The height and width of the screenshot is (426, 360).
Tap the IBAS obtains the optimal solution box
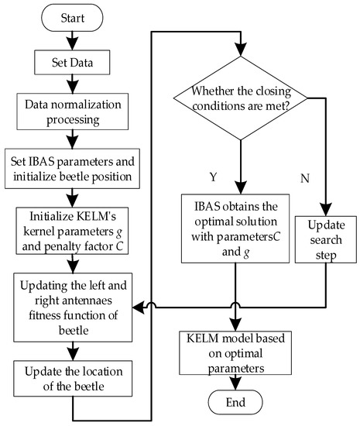click(232, 228)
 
